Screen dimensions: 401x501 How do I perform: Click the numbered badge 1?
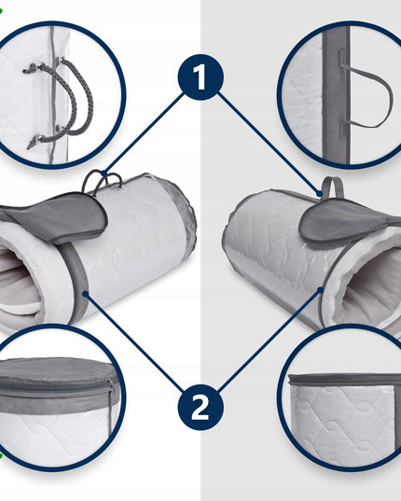coord(200,77)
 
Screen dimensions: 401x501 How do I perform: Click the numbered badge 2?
coord(200,408)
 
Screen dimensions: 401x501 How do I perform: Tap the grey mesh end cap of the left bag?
coord(182,211)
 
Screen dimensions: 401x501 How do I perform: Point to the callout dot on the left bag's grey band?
coord(85,294)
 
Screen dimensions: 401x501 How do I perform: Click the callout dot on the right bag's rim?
coord(321,290)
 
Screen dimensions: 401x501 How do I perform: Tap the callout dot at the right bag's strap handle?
coord(319,193)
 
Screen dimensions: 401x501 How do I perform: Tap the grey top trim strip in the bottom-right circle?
coord(345,380)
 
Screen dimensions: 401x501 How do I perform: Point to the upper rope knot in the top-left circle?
coord(31,68)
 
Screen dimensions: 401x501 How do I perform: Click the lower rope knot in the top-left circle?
coord(35,142)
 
